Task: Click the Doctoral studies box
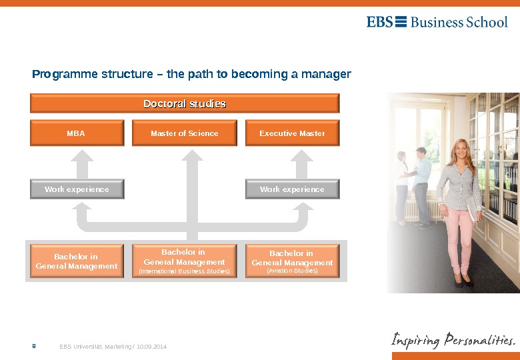click(185, 103)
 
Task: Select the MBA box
click(77, 133)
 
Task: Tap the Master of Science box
click(185, 133)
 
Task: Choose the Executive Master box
click(292, 133)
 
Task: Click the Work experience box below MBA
click(77, 189)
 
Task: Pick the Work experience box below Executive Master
click(292, 189)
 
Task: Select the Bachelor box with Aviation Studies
click(292, 261)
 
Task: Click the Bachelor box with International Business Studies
click(185, 261)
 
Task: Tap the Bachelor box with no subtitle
click(77, 261)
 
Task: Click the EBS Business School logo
click(437, 22)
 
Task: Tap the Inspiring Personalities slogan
click(453, 341)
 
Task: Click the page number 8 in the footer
click(34, 347)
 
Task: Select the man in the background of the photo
click(421, 183)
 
